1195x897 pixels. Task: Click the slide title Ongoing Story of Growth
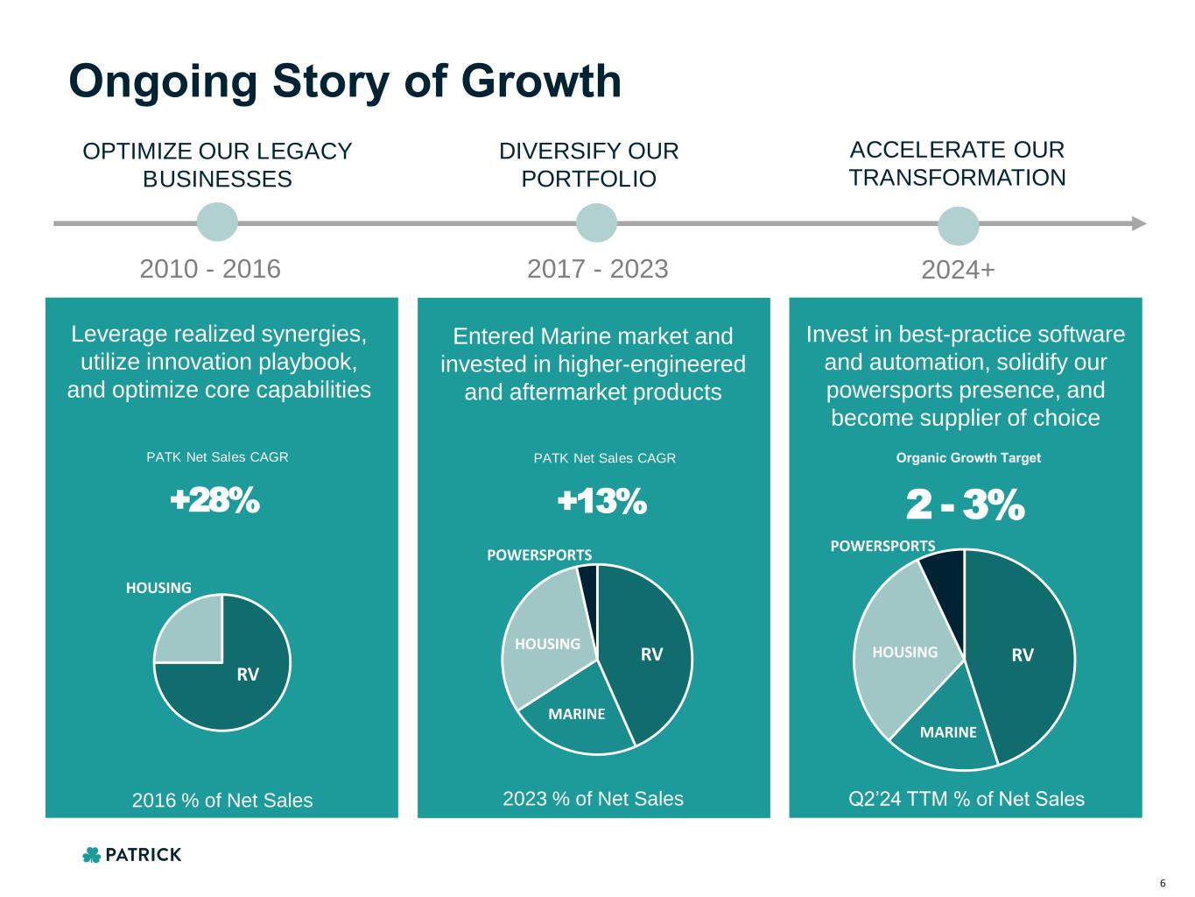(345, 81)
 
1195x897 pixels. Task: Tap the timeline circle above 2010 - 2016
(217, 222)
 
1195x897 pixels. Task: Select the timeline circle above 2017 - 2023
(597, 222)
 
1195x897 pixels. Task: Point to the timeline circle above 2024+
(959, 226)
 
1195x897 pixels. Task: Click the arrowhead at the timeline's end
(1138, 223)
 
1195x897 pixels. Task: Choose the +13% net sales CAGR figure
(602, 502)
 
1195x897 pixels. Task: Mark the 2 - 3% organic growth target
(964, 505)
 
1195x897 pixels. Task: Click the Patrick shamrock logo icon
(91, 855)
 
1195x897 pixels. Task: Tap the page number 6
(1163, 882)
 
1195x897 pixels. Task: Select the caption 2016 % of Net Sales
(221, 800)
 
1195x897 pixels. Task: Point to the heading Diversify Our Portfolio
(589, 165)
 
